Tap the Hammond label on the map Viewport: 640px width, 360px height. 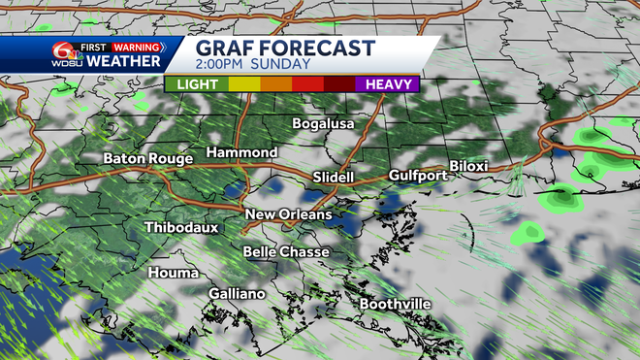pyautogui.click(x=241, y=153)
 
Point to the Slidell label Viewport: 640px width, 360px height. pyautogui.click(x=336, y=178)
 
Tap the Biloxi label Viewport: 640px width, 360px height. pyautogui.click(x=468, y=166)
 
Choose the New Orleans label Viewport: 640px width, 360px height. pyautogui.click(x=288, y=214)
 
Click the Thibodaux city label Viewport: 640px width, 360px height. pyautogui.click(x=180, y=228)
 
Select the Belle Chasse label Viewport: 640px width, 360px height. pyautogui.click(x=286, y=252)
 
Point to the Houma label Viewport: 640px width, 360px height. pyautogui.click(x=173, y=274)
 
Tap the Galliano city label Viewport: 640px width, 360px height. pyautogui.click(x=237, y=293)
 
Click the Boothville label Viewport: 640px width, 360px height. pyautogui.click(x=395, y=305)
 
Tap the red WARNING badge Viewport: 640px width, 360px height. pyautogui.click(x=136, y=46)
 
